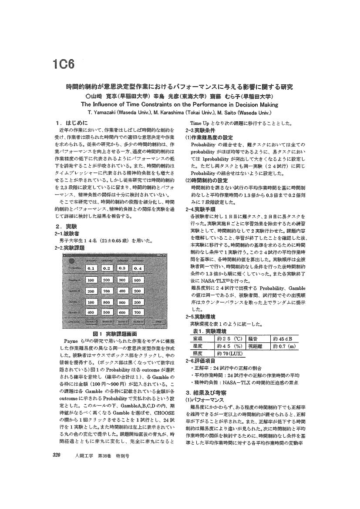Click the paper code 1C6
(64, 64)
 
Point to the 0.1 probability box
(91, 268)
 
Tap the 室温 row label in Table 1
(198, 339)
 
